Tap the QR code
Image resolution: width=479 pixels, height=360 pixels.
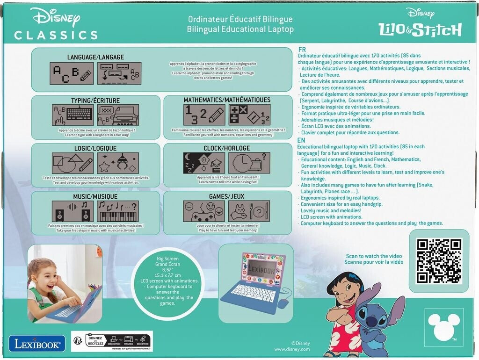[x=439, y=260]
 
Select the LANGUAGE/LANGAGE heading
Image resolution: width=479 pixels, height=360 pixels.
[x=95, y=57]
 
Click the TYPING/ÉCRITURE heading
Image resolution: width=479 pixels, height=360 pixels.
[x=95, y=101]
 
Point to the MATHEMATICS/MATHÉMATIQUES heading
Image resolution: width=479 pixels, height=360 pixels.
[x=227, y=100]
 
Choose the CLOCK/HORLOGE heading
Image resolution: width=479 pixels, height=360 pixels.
[x=227, y=148]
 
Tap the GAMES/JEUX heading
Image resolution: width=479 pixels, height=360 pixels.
[x=227, y=197]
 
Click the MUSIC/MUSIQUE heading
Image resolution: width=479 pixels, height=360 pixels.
[x=95, y=197]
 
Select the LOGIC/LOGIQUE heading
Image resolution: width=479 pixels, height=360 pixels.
[x=95, y=148]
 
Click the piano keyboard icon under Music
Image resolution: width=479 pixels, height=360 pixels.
[x=118, y=216]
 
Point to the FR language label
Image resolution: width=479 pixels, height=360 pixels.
[x=302, y=49]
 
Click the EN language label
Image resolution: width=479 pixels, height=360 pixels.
[x=302, y=139]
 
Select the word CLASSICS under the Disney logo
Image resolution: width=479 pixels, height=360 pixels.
[x=56, y=35]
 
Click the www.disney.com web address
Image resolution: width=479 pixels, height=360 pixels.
[x=292, y=349]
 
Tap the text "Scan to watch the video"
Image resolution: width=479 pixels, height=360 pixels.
[x=367, y=256]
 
